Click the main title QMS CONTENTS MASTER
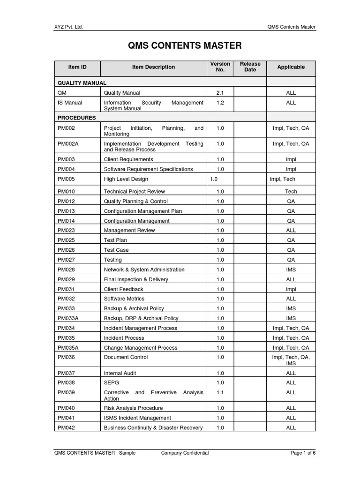(x=185, y=45)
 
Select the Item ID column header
(x=77, y=67)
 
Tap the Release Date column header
(x=250, y=67)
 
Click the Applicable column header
(x=291, y=67)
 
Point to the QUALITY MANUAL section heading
(x=82, y=83)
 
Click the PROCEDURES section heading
(x=77, y=118)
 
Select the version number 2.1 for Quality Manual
(x=220, y=93)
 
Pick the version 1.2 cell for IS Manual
(x=220, y=103)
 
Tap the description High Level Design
(x=126, y=179)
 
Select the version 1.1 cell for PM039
(x=220, y=392)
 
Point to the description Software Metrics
(x=124, y=299)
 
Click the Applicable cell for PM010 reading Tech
(x=291, y=191)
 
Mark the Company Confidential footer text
(x=185, y=453)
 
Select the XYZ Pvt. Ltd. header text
(x=68, y=27)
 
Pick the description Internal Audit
(x=120, y=373)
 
